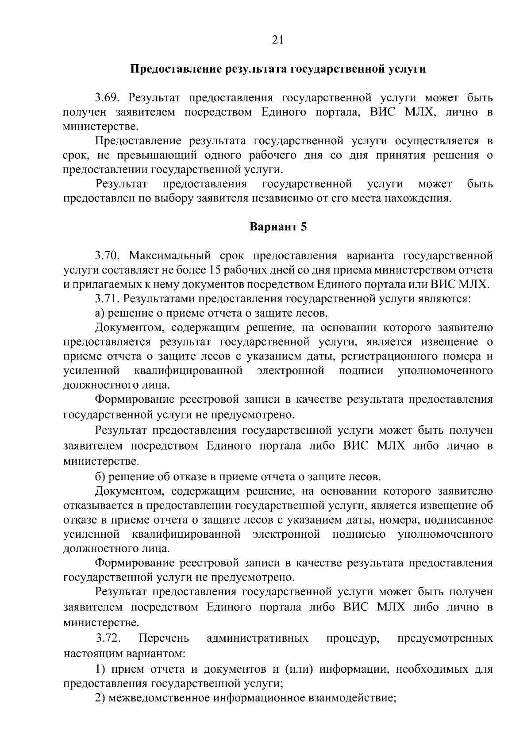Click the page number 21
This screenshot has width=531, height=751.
pos(278,40)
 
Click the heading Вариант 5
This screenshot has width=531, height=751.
pos(278,227)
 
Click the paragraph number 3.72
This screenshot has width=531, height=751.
pos(108,638)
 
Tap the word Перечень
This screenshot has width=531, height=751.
pos(164,638)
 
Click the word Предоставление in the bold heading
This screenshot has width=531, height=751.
pos(177,69)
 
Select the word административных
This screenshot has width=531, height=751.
pos(258,638)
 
